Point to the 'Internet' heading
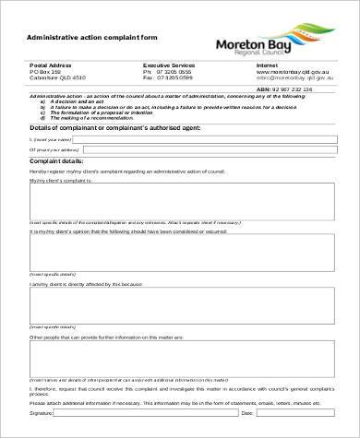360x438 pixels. [x=269, y=65]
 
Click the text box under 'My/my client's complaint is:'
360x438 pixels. [x=183, y=201]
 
